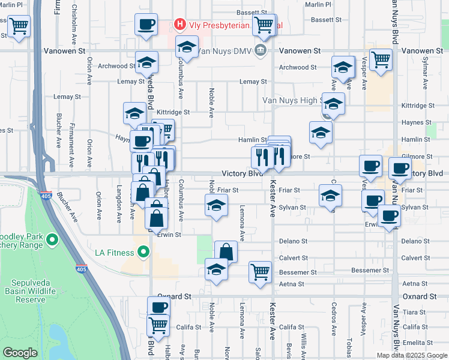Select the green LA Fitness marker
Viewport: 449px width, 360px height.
pyautogui.click(x=142, y=253)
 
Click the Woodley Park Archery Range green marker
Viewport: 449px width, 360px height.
pyautogui.click(x=51, y=241)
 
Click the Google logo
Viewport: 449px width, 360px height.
pyautogui.click(x=20, y=353)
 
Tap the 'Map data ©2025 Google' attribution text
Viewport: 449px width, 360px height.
pyautogui.click(x=412, y=355)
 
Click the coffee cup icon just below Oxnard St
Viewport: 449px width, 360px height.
pyautogui.click(x=159, y=307)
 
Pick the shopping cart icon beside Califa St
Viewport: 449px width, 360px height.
pyautogui.click(x=158, y=326)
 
